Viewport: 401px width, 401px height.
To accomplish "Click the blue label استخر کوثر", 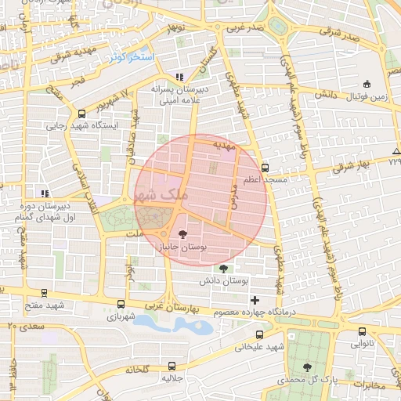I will point(130,58).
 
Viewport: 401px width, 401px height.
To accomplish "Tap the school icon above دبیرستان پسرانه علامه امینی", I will point(179,77).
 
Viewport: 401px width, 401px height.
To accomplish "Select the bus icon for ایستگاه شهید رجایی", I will point(82,114).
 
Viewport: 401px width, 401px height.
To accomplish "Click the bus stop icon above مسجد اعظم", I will point(266,168).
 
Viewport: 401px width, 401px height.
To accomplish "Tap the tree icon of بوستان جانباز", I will point(182,233).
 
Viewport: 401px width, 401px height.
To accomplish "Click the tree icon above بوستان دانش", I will point(223,268).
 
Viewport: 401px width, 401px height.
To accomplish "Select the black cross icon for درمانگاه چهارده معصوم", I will point(255,300).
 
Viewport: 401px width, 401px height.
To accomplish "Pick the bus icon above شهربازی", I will point(121,304).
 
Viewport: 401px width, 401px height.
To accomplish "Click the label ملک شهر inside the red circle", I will point(161,194).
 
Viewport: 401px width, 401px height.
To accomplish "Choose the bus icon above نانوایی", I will point(363,331).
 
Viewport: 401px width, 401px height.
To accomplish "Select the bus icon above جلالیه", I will point(172,366).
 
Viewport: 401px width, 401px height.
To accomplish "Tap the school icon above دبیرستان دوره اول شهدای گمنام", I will point(45,193).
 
